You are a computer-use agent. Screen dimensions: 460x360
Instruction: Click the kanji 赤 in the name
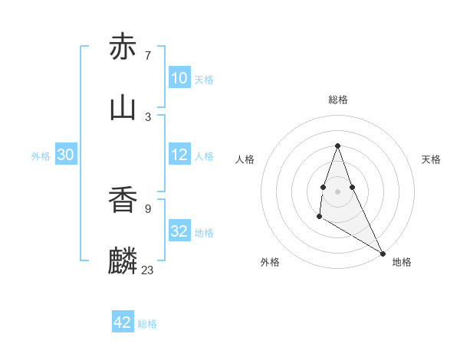pos(123,47)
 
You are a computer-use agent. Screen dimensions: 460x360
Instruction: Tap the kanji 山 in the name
pos(123,108)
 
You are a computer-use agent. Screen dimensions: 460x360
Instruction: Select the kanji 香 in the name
pos(123,200)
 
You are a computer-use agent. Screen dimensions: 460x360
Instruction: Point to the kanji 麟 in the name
pos(123,261)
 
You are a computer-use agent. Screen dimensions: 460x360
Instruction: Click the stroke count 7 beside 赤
pos(148,55)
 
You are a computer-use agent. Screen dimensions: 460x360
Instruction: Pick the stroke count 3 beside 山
pos(148,116)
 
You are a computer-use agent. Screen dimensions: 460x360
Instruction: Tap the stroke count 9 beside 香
pos(148,208)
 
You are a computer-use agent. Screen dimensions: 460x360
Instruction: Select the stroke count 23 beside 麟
pos(148,270)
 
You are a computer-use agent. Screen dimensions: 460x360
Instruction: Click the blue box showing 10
pos(179,78)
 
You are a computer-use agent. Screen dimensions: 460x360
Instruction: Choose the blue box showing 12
pos(179,155)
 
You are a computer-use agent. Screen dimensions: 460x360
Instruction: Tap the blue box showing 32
pos(179,231)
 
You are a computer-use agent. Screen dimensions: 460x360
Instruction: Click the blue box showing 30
pos(66,155)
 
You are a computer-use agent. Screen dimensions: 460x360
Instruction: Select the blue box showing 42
pos(123,322)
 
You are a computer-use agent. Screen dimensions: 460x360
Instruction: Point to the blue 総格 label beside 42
pos(147,324)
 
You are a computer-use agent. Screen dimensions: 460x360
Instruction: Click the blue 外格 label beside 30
pos(41,156)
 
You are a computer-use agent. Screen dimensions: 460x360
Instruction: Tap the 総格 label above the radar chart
pos(337,100)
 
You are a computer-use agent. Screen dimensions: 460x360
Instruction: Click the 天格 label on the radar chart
pos(431,159)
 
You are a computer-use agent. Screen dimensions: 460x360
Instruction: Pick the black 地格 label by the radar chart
pos(402,262)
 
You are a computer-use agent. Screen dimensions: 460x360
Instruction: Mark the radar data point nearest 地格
pos(383,254)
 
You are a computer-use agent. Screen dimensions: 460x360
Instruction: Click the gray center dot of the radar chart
pos(337,191)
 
